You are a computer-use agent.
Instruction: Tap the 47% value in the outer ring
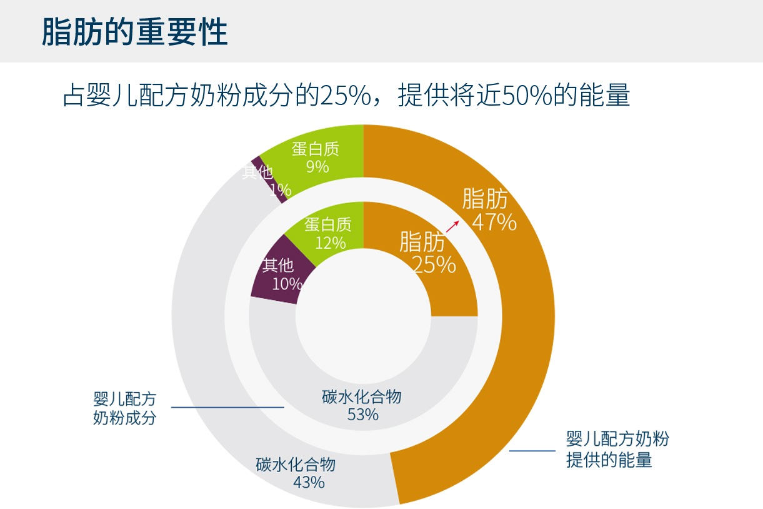pyautogui.click(x=494, y=222)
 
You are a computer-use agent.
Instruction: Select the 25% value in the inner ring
pyautogui.click(x=434, y=265)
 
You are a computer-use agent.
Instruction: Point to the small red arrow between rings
pyautogui.click(x=452, y=226)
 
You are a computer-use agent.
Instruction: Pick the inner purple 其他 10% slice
pyautogui.click(x=279, y=275)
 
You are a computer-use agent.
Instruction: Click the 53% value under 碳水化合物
pyautogui.click(x=362, y=415)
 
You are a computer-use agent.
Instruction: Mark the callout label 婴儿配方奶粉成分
pyautogui.click(x=124, y=408)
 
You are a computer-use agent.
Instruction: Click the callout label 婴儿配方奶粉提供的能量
pyautogui.click(x=617, y=449)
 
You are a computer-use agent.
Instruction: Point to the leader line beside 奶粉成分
pyautogui.click(x=227, y=407)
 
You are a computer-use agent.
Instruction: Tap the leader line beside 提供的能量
pyautogui.click(x=532, y=450)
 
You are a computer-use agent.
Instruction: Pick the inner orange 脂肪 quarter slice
pyautogui.click(x=437, y=288)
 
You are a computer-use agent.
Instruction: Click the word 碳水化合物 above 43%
pyautogui.click(x=296, y=465)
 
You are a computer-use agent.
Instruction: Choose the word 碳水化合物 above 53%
pyautogui.click(x=362, y=397)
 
